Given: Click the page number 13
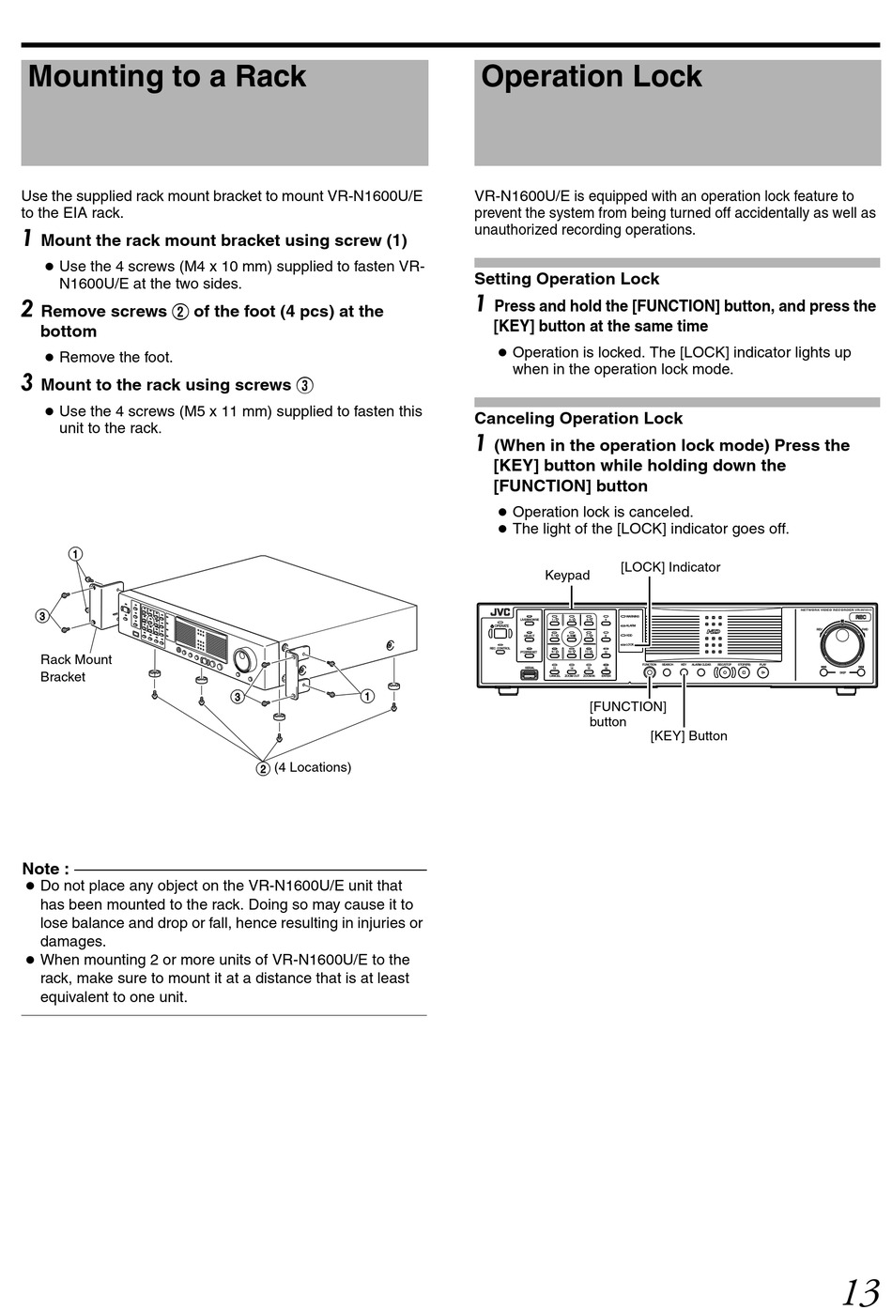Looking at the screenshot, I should [859, 1291].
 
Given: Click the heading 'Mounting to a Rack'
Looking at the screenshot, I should [167, 77].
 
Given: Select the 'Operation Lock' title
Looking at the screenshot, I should [592, 77].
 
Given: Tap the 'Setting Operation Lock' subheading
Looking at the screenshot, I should [566, 279].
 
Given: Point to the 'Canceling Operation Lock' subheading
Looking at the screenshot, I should [578, 419].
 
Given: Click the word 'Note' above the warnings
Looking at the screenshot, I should [44, 869].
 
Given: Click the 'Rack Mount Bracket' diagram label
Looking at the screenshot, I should [75, 668].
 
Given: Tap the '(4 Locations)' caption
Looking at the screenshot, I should [313, 767].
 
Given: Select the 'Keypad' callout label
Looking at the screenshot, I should [567, 575].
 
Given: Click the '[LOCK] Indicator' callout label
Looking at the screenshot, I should [670, 567].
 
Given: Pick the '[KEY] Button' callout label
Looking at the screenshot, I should [688, 735].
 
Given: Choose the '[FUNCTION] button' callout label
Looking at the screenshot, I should [627, 714].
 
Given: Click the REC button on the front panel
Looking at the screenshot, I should [861, 617].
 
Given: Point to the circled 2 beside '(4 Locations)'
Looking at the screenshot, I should [264, 768].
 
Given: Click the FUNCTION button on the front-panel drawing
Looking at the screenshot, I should [649, 671].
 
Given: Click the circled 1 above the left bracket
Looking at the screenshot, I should [75, 554].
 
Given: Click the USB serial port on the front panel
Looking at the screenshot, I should [529, 672].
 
